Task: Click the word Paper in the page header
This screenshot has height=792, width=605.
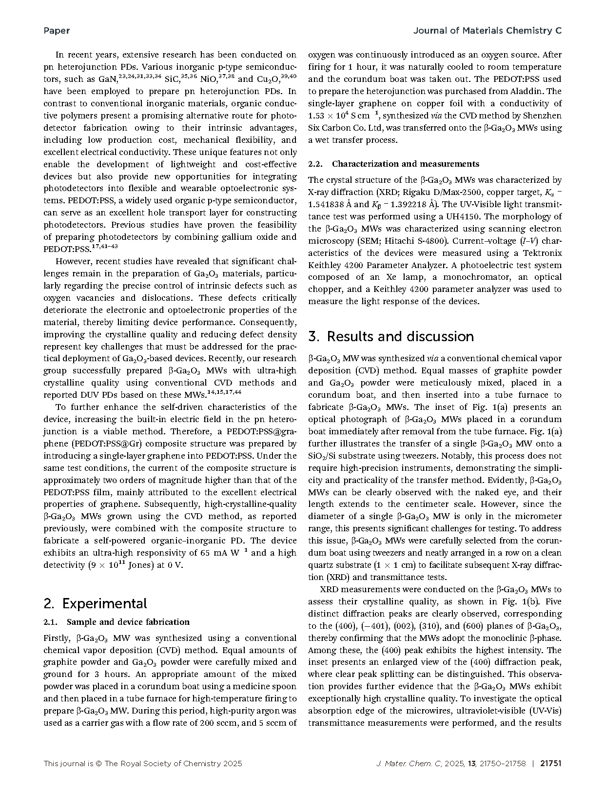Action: click(57, 31)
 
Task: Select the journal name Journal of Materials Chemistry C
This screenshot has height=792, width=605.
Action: click(487, 31)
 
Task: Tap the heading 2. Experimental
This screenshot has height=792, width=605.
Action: click(95, 604)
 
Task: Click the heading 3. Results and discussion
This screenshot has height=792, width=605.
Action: click(391, 337)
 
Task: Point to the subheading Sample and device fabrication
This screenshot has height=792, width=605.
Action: click(128, 622)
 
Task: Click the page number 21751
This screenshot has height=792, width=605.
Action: click(551, 764)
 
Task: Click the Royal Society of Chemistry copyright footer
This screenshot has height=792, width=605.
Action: click(142, 764)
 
